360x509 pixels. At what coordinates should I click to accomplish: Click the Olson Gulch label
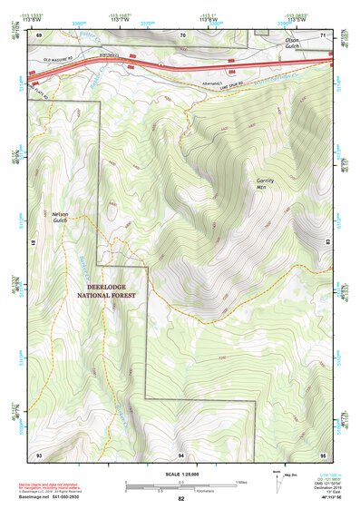click(x=291, y=44)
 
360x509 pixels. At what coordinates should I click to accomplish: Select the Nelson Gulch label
click(x=61, y=218)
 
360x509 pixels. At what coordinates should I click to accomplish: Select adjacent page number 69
click(x=38, y=34)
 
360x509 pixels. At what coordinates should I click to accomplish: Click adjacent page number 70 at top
click(x=182, y=34)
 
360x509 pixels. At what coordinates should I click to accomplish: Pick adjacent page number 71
click(x=324, y=34)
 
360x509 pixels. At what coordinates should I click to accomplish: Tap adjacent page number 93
click(x=38, y=454)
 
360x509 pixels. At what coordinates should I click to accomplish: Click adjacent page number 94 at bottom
click(x=182, y=454)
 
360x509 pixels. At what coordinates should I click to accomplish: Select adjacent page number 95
click(x=323, y=454)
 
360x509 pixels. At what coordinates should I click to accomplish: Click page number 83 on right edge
click(x=328, y=243)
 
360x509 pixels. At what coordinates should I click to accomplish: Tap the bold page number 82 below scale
click(x=180, y=499)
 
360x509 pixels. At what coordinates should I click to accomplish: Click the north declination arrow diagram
click(x=277, y=479)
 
